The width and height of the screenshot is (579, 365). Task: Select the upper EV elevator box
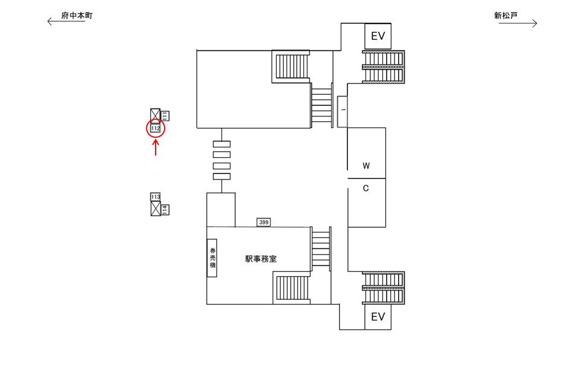[378, 36]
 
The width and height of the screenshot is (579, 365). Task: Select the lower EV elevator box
[378, 317]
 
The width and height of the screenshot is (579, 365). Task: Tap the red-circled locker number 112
[156, 129]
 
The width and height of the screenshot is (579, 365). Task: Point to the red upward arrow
[156, 147]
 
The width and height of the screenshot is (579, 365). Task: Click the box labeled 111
[165, 116]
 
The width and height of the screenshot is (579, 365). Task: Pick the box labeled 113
[156, 197]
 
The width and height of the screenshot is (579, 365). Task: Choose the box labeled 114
[165, 210]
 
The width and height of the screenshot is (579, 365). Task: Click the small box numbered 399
[264, 222]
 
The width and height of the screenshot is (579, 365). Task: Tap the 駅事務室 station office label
[261, 259]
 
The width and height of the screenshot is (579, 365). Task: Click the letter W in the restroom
[365, 166]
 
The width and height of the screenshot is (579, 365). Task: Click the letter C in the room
[365, 189]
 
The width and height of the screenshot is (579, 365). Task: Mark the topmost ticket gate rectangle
[222, 144]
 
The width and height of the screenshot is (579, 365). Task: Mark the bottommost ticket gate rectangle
[222, 176]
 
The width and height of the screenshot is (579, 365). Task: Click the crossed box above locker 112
[156, 116]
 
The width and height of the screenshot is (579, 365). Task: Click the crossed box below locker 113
[156, 209]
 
